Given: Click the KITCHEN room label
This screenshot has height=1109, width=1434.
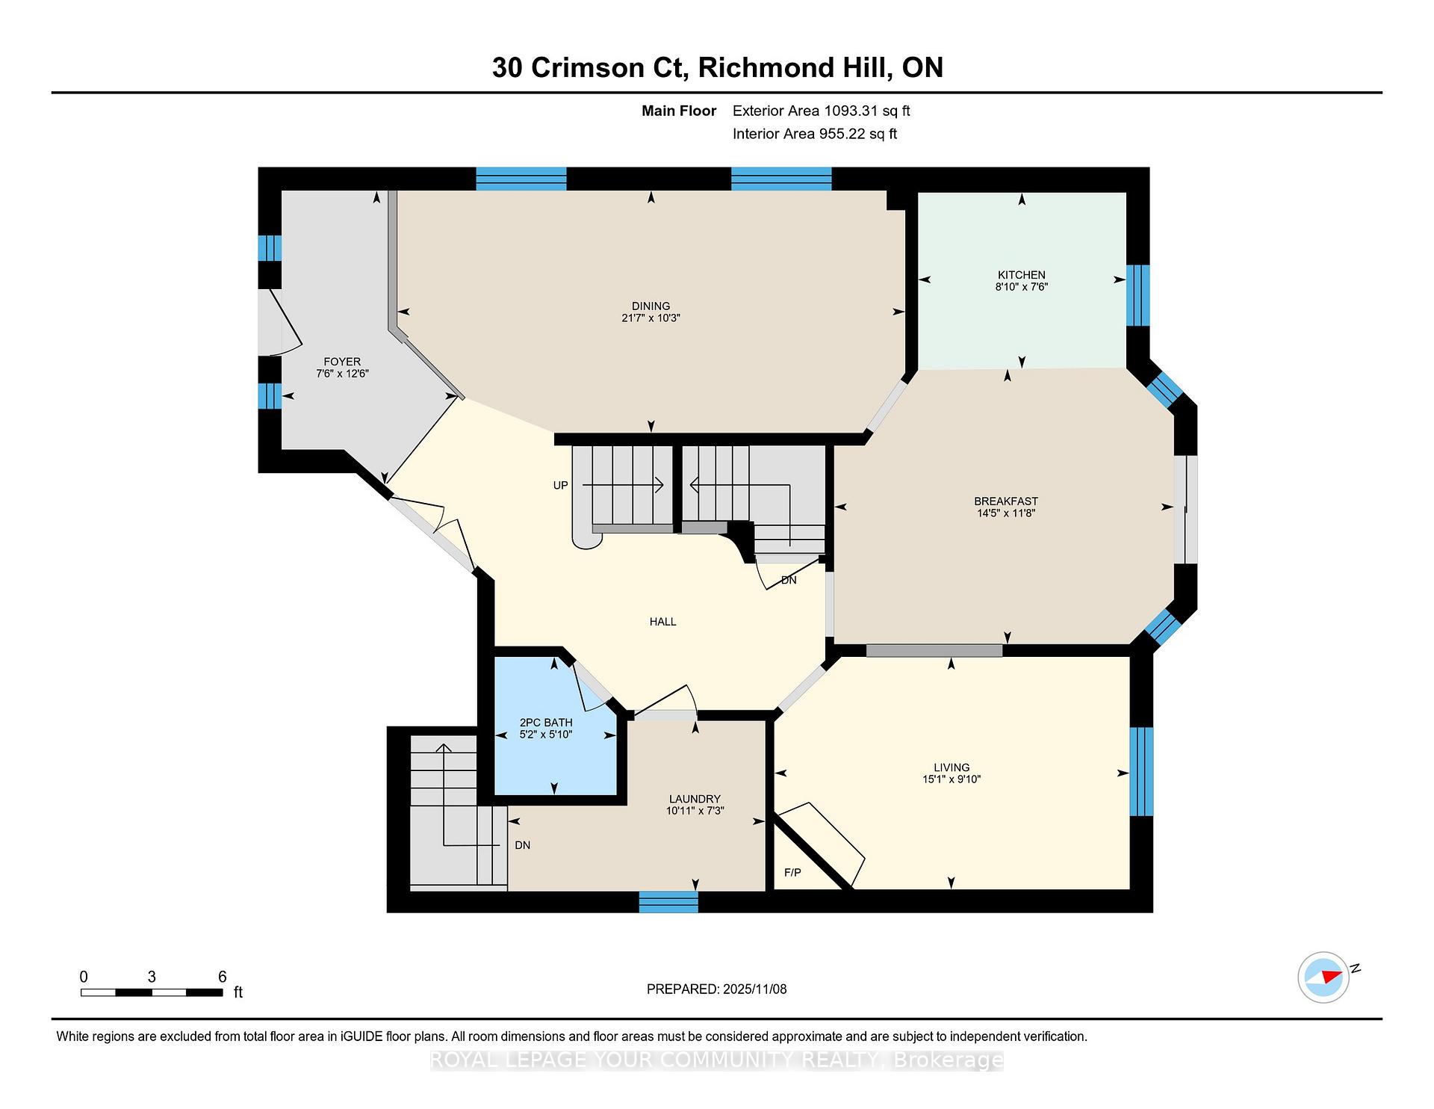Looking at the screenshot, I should tap(1021, 274).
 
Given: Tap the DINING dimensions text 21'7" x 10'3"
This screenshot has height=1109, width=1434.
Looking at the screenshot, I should tap(651, 318).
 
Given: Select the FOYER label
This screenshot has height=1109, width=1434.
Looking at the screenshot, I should tap(342, 362).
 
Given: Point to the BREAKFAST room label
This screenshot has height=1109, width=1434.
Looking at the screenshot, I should tap(1005, 501).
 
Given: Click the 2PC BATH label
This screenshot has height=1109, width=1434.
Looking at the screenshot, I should tap(546, 723).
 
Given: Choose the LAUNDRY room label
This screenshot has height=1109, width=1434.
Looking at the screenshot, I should tap(695, 799).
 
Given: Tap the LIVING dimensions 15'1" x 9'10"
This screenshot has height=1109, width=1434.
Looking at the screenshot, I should tap(951, 779).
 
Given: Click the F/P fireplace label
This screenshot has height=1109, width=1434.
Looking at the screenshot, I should tap(792, 872).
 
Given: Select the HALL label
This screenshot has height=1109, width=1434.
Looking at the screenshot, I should tap(662, 622).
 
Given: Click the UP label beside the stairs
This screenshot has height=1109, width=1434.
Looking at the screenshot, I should tap(560, 486).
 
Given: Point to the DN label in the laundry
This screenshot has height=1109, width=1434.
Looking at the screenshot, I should tap(522, 845).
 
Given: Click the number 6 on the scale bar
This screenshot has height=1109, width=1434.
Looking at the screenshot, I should tap(222, 977).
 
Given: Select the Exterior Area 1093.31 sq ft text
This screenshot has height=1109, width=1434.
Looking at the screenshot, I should tap(821, 111).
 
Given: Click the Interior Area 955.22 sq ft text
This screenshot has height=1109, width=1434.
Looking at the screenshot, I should tap(814, 135).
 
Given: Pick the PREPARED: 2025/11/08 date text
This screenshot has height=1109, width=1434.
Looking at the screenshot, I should tap(716, 989).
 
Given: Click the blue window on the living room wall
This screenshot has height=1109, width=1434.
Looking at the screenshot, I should tap(1140, 771).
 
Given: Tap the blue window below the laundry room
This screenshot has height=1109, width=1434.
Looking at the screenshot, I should tap(668, 901).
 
